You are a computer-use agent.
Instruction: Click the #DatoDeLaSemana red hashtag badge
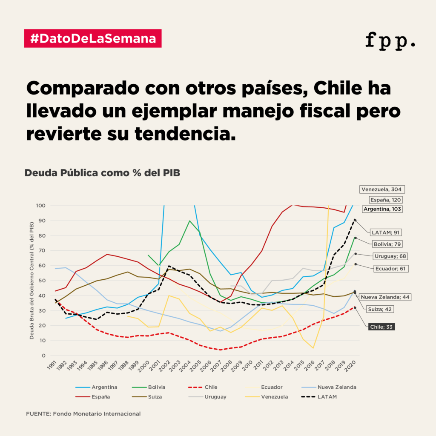click(x=93, y=38)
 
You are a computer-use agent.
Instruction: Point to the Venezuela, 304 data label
click(x=381, y=189)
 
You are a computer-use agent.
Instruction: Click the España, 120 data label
click(x=385, y=200)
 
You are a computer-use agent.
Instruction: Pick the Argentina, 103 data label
click(x=382, y=209)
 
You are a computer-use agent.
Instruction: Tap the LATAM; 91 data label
click(x=386, y=232)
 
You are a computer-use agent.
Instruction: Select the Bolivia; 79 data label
click(x=387, y=244)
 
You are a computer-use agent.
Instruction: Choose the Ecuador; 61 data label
click(x=390, y=269)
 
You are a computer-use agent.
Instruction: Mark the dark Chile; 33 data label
click(x=381, y=327)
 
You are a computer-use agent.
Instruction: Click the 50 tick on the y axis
click(x=41, y=281)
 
